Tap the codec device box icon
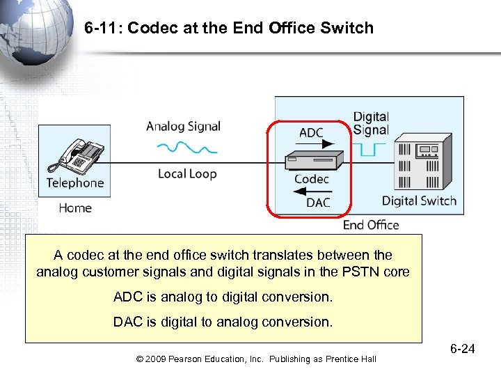[x=313, y=159]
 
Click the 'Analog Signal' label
[x=183, y=127]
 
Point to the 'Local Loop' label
[x=187, y=173]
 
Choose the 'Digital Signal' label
[x=371, y=123]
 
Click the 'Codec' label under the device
[x=311, y=179]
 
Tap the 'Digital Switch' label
[x=419, y=201]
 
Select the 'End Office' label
[x=371, y=225]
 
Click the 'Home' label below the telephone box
[x=74, y=207]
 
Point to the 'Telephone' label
[x=74, y=183]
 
